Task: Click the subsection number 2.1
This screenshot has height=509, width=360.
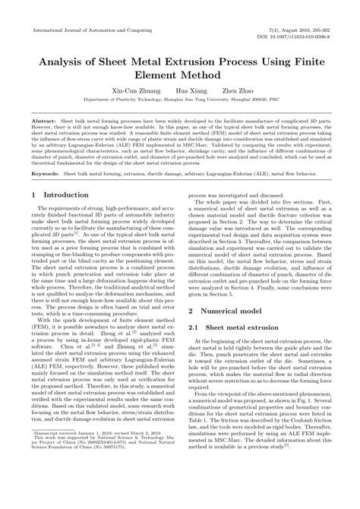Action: [x=194, y=327]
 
